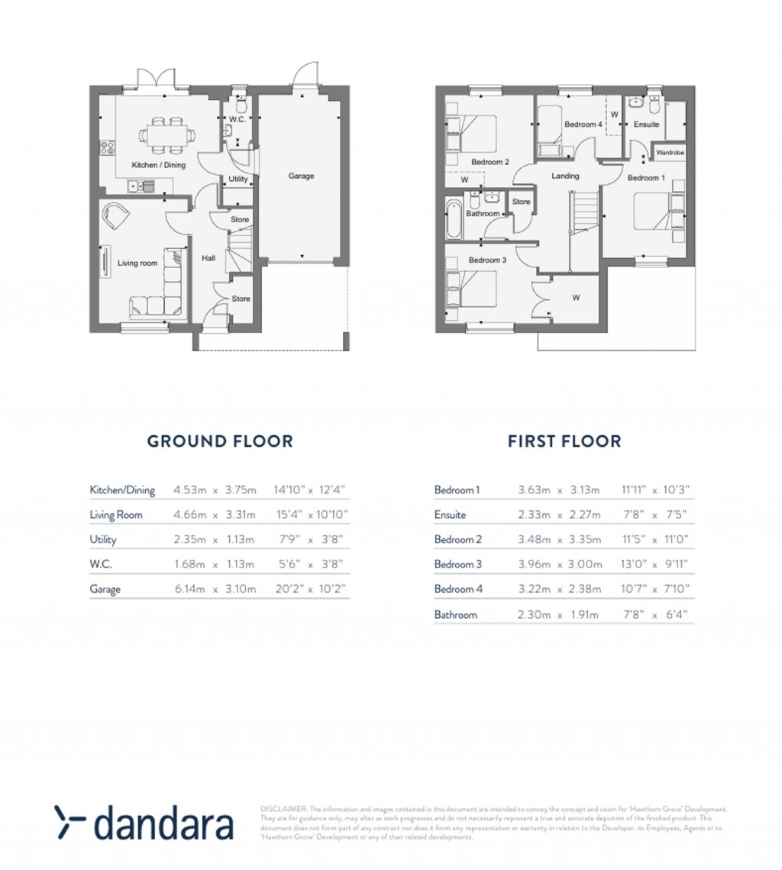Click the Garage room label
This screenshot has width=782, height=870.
point(300,176)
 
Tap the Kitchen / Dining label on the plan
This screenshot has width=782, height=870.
point(158,165)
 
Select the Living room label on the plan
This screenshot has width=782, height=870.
point(137,264)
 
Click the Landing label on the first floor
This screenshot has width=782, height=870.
point(565,176)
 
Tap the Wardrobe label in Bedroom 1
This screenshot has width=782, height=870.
point(670,153)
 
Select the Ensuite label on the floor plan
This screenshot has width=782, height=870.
point(646,125)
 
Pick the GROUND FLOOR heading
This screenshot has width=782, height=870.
point(219,441)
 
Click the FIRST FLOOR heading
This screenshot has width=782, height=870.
point(564,441)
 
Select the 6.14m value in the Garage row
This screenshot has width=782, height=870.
point(187,590)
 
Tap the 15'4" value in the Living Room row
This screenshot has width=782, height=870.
point(286,515)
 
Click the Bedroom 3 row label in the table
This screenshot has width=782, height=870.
point(457,564)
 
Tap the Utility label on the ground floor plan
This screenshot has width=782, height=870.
point(238,179)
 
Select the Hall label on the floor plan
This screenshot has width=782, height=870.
point(208,258)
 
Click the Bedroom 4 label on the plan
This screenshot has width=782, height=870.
point(583,125)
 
